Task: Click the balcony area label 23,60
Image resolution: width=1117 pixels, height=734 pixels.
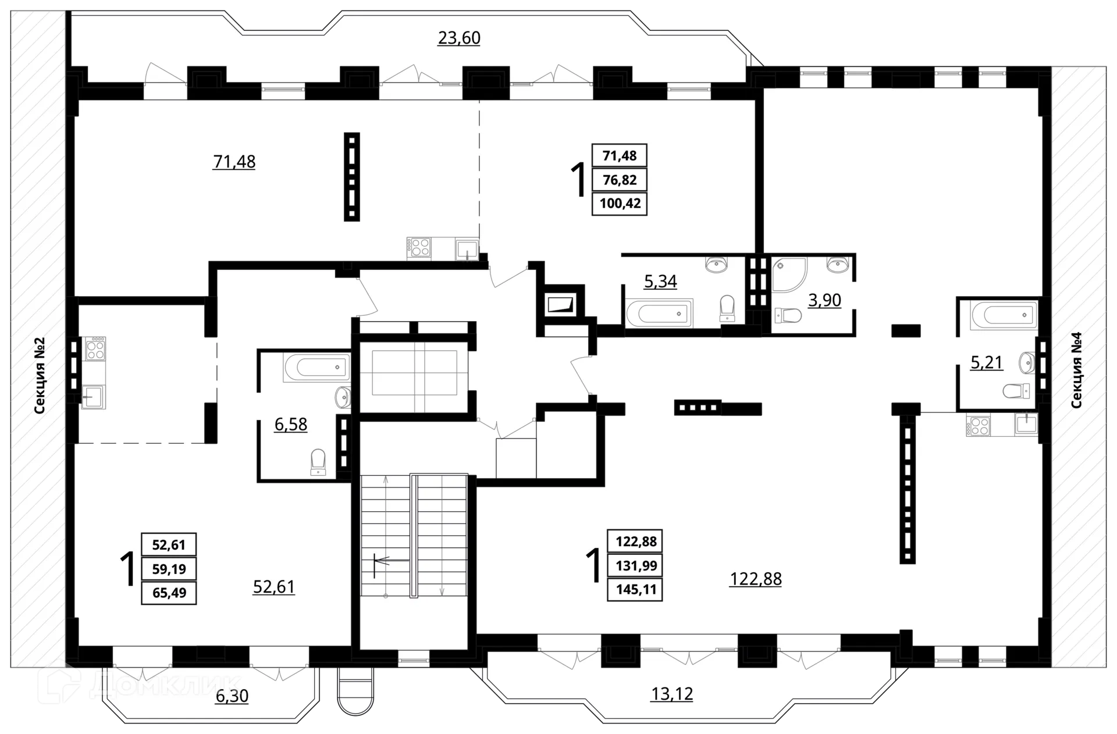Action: point(458,38)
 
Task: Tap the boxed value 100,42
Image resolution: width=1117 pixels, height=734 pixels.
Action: point(620,204)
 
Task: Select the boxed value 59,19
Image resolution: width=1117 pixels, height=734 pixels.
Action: point(169,569)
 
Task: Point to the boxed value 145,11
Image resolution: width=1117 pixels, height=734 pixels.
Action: point(635,589)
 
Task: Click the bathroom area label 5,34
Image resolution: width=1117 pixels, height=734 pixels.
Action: point(660,282)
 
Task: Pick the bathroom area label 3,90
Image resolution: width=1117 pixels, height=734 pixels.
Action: point(824,300)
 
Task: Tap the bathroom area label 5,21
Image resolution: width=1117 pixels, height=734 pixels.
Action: point(987,362)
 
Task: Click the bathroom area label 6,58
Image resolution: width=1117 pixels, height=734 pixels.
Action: point(291,424)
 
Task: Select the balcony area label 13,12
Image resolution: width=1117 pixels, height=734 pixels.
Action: point(672,694)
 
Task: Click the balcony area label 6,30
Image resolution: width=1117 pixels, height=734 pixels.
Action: point(232,696)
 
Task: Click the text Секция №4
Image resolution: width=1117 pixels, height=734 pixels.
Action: point(1076,370)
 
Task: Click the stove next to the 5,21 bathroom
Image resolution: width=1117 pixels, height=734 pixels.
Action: point(977,425)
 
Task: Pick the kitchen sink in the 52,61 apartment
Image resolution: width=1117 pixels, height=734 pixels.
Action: point(93,397)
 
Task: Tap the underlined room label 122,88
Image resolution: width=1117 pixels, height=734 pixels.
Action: point(755,579)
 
